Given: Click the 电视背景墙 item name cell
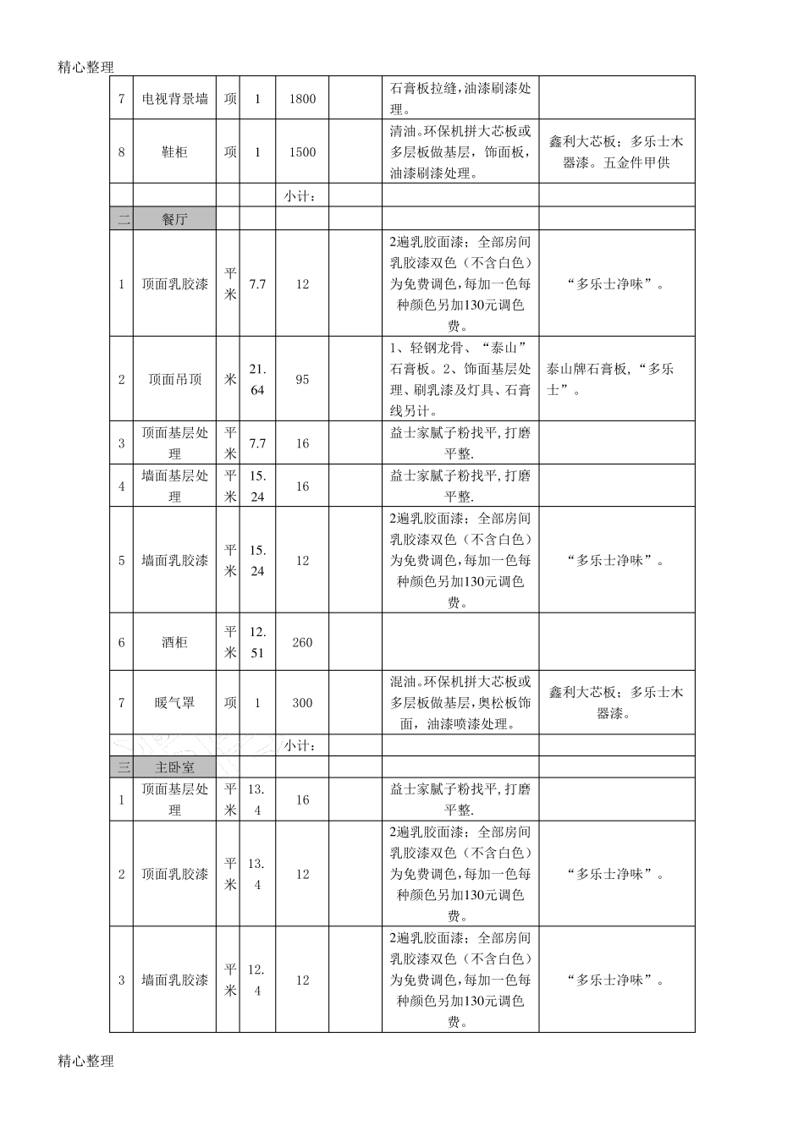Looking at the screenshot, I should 174,98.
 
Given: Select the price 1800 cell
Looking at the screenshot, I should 302,98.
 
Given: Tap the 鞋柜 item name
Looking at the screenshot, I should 174,152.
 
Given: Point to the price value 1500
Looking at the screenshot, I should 302,152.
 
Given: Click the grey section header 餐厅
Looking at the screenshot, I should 174,219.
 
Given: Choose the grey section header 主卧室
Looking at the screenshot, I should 174,767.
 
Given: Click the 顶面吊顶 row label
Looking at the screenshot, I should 174,379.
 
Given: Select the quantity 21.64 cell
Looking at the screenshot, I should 257,379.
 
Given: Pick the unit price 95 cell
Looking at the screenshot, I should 302,379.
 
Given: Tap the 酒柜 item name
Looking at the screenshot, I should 174,642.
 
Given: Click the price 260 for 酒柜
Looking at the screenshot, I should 302,642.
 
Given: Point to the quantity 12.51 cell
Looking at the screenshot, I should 257,642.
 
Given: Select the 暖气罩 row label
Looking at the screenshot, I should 174,702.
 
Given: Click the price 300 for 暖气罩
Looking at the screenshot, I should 302,702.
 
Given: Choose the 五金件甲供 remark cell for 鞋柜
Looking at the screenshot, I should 616,152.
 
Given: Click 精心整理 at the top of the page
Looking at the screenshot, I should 85,67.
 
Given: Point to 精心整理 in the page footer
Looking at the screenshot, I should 85,1060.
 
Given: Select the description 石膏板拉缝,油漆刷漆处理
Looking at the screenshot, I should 460,98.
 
